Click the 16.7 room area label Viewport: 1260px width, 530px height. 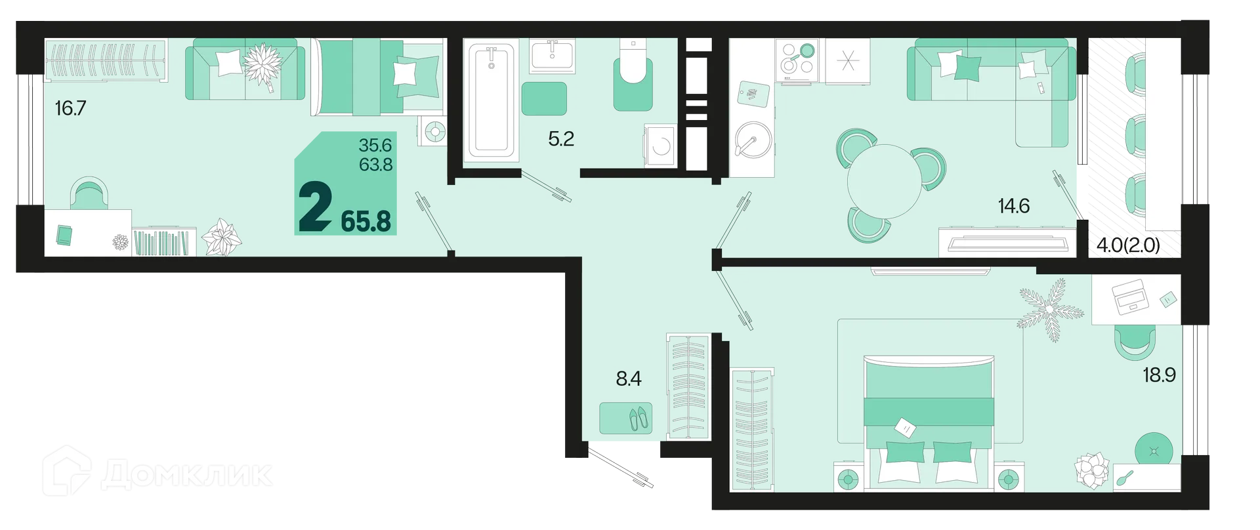(x=70, y=108)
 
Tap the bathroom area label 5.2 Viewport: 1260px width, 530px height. (x=561, y=138)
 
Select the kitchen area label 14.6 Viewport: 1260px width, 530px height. (x=1014, y=206)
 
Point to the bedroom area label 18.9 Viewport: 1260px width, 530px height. (x=1159, y=375)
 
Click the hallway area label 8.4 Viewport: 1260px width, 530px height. (x=628, y=378)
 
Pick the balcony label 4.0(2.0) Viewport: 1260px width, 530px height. (x=1128, y=245)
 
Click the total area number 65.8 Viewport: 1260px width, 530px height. (x=366, y=222)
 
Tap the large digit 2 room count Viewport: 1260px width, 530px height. (x=315, y=207)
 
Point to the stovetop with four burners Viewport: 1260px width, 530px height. (x=797, y=60)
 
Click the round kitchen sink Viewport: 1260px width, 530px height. (x=751, y=140)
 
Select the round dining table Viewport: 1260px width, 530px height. (x=885, y=181)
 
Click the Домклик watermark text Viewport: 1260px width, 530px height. (x=186, y=474)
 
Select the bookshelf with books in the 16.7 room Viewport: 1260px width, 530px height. (x=164, y=242)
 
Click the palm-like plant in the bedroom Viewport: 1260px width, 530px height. (x=1051, y=308)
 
